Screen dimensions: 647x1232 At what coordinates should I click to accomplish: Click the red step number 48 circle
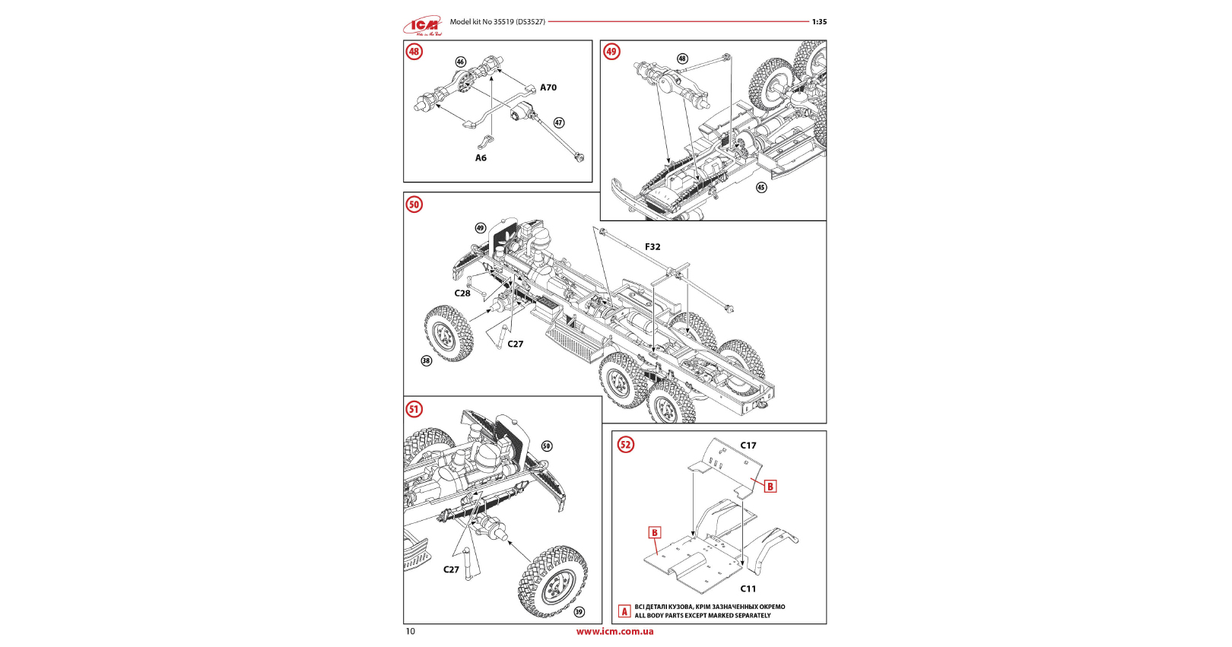click(x=414, y=52)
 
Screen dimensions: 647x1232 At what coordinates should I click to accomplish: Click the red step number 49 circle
click(x=611, y=52)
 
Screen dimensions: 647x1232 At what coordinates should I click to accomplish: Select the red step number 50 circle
click(x=414, y=205)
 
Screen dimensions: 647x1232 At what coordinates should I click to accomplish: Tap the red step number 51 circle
click(x=414, y=409)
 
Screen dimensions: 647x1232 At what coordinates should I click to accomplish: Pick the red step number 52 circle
click(x=625, y=445)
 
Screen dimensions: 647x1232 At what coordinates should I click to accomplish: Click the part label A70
click(x=548, y=87)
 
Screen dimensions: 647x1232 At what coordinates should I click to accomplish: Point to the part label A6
click(x=481, y=158)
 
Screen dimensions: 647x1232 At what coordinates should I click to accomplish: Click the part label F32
click(x=653, y=247)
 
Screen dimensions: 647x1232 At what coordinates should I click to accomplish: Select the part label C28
click(x=462, y=293)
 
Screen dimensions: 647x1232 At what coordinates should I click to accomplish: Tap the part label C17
click(x=748, y=446)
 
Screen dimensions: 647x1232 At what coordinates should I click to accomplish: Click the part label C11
click(x=748, y=588)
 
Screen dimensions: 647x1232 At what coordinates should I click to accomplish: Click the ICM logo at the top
click(x=423, y=27)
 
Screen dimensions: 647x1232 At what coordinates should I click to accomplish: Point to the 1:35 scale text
click(x=819, y=22)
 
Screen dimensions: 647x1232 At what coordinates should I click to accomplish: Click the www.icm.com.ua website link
click(x=614, y=631)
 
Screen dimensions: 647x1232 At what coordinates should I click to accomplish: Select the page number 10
click(x=411, y=631)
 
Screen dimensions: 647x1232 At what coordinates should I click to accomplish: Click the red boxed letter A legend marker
click(x=624, y=611)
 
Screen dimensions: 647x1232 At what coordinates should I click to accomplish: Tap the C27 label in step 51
click(x=452, y=569)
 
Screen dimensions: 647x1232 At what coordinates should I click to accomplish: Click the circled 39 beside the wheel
click(x=579, y=611)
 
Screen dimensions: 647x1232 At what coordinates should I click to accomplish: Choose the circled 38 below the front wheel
click(x=426, y=360)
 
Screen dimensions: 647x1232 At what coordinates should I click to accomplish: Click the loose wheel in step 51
click(x=553, y=581)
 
